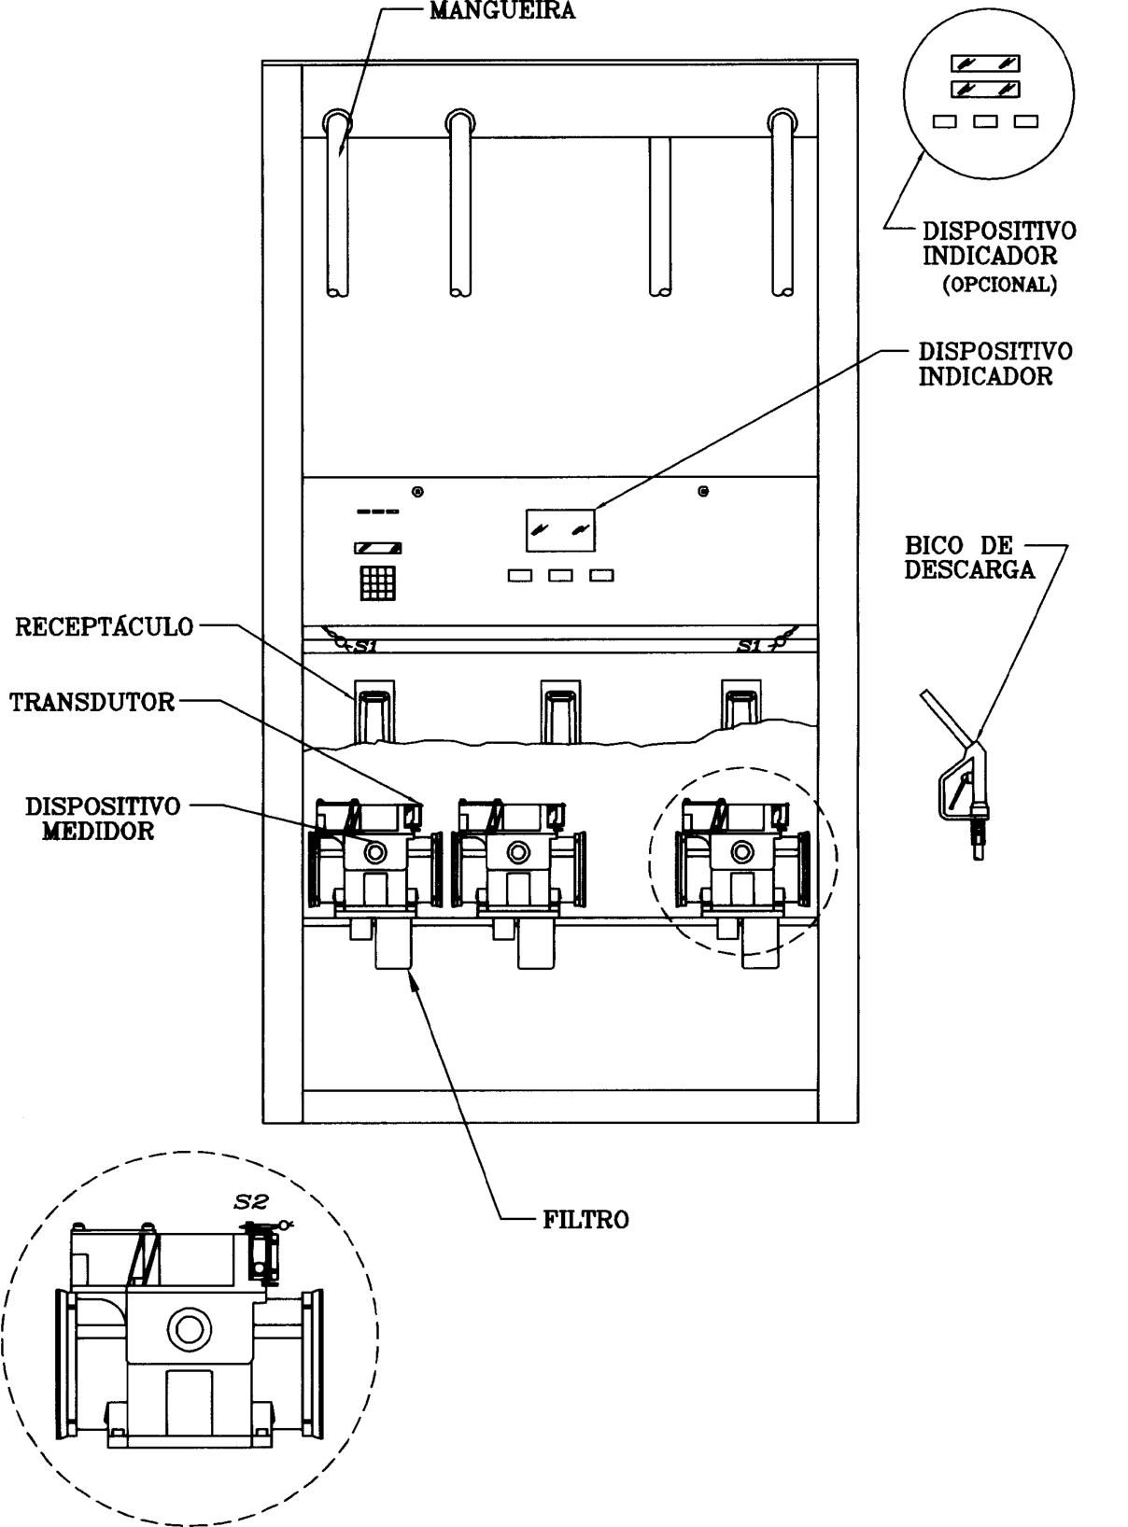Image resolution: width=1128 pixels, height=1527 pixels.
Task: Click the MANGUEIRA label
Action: click(502, 11)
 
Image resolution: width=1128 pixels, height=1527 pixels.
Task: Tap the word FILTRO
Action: click(585, 1220)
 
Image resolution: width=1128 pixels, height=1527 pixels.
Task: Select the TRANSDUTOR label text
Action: click(92, 702)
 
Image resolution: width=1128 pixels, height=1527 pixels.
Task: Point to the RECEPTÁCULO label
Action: click(104, 627)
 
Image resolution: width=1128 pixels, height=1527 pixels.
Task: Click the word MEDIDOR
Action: click(98, 831)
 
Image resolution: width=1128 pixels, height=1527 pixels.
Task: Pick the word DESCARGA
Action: click(969, 570)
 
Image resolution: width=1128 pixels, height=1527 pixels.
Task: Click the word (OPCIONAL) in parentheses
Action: click(999, 285)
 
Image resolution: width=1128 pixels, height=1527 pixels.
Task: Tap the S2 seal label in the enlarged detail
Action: click(251, 1201)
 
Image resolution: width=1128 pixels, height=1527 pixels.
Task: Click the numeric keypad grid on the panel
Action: click(378, 583)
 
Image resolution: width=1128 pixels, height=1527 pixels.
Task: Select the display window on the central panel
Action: click(560, 530)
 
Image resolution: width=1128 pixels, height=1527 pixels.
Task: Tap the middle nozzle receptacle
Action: click(560, 712)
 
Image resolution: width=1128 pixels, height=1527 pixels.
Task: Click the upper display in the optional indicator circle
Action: click(985, 63)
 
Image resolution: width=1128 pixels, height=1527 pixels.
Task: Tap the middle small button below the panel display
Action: click(560, 575)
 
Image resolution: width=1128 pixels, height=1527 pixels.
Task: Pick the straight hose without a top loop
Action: click(660, 217)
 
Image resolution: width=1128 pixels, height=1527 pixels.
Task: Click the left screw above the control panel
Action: click(417, 492)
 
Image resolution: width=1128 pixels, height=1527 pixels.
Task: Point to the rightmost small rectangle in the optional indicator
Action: click(1026, 121)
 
